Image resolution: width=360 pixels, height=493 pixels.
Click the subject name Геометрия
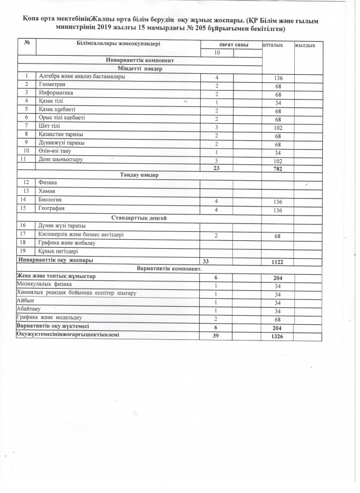pos(52,84)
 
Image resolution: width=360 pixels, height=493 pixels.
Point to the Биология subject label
pos(51,200)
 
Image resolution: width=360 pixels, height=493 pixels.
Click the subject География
pos(52,209)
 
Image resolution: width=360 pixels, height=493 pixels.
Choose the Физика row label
pos(47,183)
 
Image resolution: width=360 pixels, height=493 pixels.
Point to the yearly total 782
pos(277,168)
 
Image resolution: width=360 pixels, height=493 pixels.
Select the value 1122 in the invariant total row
pos(277,261)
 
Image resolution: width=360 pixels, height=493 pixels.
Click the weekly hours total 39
pos(215,336)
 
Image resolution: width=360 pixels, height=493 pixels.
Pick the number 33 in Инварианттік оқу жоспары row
pos(206,261)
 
